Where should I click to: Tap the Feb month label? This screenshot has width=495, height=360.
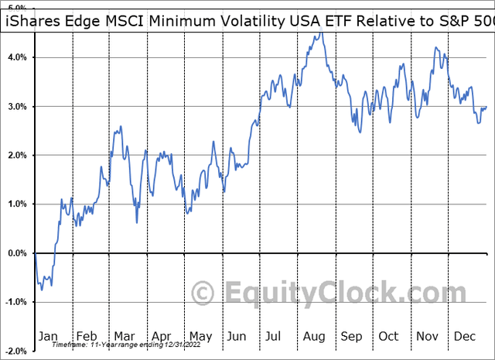88,337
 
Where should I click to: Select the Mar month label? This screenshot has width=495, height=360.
125,337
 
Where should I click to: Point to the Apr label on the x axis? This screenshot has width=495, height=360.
162,337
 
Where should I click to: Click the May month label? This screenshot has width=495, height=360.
201,337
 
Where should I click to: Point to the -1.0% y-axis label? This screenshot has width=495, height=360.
15,302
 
